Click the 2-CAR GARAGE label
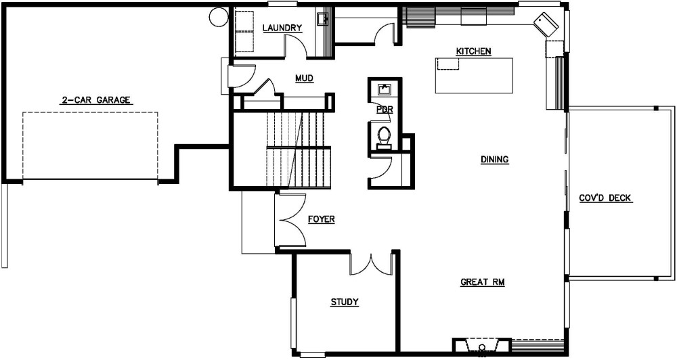point(97,100)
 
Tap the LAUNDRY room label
point(282,28)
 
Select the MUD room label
point(304,78)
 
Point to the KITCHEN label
point(473,51)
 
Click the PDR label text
point(385,110)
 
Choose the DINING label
point(494,160)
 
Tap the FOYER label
point(322,219)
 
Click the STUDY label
point(345,302)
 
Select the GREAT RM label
point(483,282)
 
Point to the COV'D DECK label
point(605,198)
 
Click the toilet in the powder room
point(385,135)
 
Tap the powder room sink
point(385,89)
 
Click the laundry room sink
point(324,19)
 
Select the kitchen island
point(474,75)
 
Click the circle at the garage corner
point(219,16)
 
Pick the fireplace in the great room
point(481,346)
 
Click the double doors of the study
point(371,264)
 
